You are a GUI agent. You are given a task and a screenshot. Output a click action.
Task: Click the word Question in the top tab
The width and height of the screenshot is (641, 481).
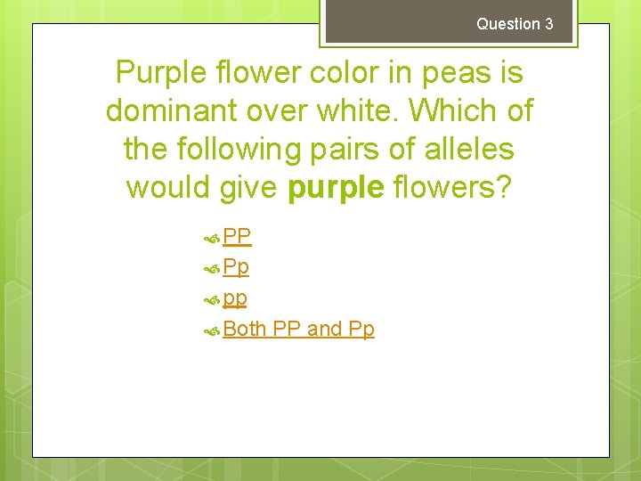click(508, 24)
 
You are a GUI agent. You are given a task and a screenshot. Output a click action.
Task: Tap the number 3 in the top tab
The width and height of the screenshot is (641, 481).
click(548, 24)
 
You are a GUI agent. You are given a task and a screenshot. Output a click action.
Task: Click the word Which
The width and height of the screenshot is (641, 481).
click(459, 111)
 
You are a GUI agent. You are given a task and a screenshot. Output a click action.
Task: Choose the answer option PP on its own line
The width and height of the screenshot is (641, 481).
click(237, 236)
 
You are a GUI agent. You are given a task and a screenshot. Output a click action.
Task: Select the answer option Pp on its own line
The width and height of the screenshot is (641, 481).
click(236, 267)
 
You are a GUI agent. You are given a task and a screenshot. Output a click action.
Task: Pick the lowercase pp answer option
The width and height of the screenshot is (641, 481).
click(235, 298)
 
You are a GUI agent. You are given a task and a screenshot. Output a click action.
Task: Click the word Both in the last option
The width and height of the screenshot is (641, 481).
click(245, 329)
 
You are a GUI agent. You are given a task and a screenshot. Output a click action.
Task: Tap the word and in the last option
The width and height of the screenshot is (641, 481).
click(325, 329)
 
